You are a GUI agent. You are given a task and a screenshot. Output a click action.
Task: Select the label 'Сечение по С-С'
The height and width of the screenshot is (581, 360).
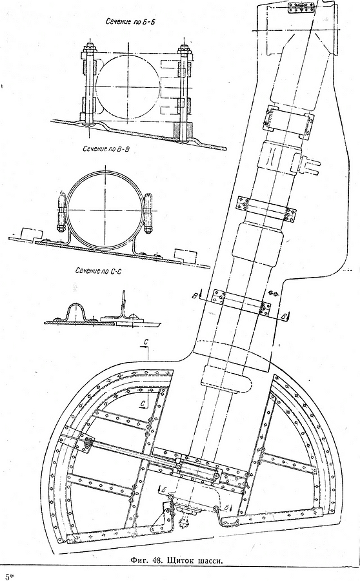(99, 271)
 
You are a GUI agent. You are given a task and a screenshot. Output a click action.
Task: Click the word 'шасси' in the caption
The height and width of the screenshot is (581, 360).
(212, 560)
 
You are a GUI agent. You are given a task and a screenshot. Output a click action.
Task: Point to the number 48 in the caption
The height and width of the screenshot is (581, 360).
(157, 560)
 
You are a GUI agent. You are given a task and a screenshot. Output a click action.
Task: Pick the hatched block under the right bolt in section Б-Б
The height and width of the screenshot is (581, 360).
(183, 131)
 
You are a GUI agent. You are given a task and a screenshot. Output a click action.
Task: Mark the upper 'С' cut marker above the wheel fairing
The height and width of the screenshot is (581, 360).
(146, 349)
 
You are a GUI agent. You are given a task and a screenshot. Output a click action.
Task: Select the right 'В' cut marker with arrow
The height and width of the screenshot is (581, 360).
(285, 316)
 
